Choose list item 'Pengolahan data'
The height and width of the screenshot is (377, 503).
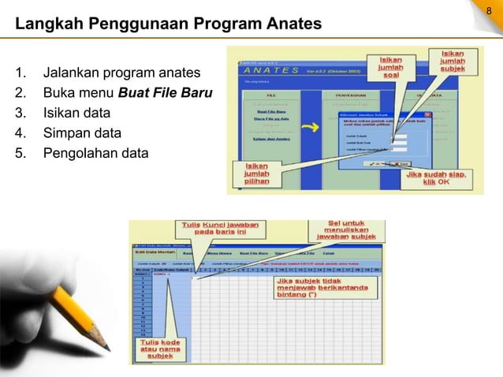point(95,153)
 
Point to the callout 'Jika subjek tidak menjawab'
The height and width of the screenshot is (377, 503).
point(319,288)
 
